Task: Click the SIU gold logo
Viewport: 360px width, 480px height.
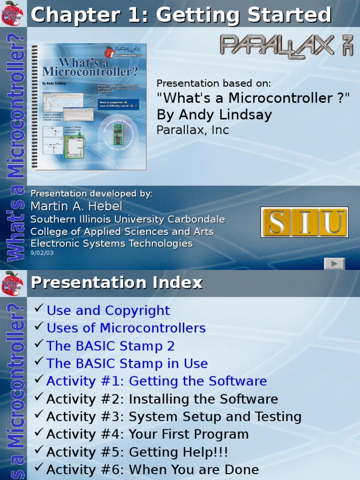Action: (x=304, y=222)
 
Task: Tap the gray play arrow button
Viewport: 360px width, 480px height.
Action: (x=334, y=263)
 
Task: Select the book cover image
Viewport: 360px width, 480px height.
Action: (x=90, y=106)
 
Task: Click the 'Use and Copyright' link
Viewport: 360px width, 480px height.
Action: (x=108, y=310)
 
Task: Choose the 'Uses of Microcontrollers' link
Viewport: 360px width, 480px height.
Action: (x=126, y=328)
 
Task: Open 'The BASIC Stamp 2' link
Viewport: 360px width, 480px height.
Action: (x=111, y=346)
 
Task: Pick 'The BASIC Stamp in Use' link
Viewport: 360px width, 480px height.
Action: (x=127, y=364)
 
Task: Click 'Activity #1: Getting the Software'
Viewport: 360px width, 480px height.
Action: (x=157, y=381)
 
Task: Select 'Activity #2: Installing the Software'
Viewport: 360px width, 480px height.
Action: (x=162, y=399)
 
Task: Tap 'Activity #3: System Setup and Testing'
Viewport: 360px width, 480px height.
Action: (x=174, y=417)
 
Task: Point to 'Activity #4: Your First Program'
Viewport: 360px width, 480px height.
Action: (x=148, y=435)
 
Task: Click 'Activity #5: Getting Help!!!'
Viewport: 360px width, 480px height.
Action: (x=137, y=452)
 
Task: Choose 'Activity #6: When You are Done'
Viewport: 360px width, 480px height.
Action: (x=153, y=470)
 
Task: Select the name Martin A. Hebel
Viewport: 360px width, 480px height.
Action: (x=76, y=206)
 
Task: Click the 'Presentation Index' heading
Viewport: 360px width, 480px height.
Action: (x=117, y=283)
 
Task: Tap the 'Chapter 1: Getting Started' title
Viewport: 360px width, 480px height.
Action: (x=181, y=15)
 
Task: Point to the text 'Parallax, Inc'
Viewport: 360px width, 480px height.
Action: (x=193, y=130)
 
